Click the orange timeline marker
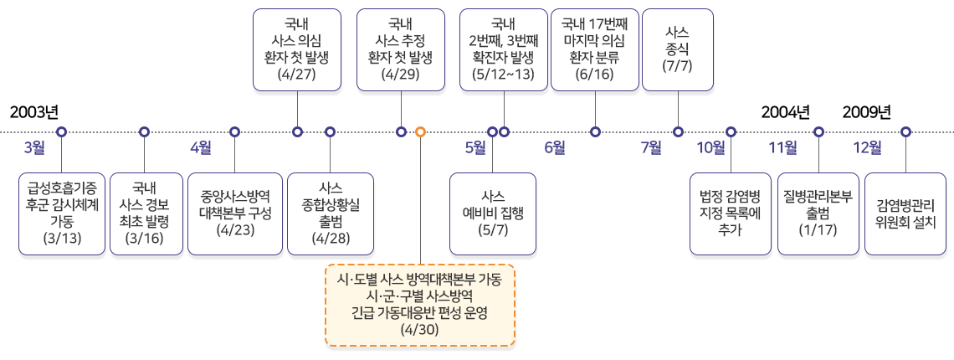(421, 131)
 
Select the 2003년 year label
(33, 112)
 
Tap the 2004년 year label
(785, 112)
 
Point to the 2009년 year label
(867, 112)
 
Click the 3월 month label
(34, 148)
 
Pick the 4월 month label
(201, 148)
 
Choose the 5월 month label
(474, 148)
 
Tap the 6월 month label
(555, 148)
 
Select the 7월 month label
(651, 148)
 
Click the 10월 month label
(711, 148)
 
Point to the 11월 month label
(783, 148)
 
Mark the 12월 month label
(867, 148)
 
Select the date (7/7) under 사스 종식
(677, 65)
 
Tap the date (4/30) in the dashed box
(419, 329)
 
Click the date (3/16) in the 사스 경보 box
(145, 239)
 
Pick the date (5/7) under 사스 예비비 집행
(493, 229)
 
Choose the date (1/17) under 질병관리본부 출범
(818, 229)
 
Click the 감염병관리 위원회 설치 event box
(905, 213)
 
